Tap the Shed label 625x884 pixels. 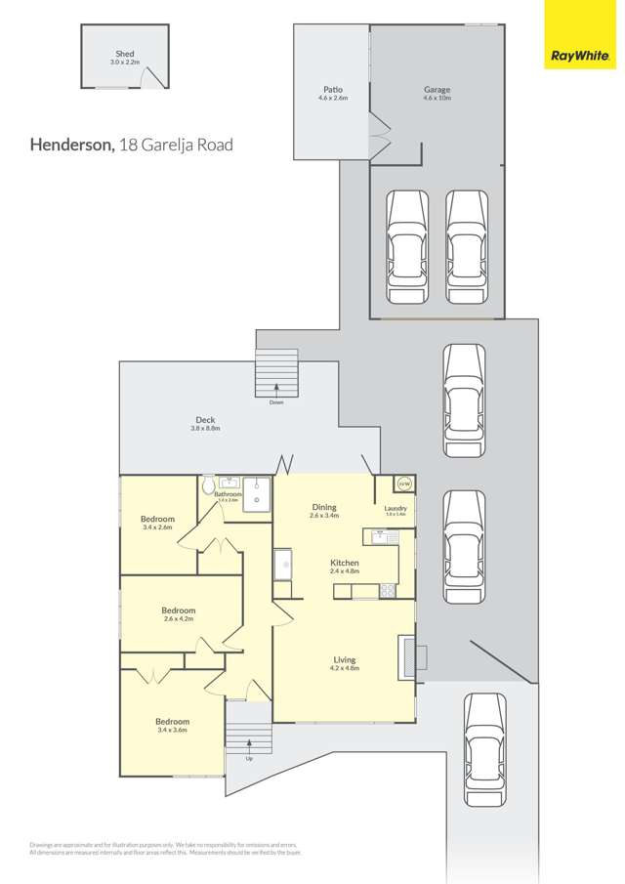tap(124, 54)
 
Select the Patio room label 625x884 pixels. tap(333, 89)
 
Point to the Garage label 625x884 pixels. tap(437, 89)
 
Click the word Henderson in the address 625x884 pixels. tap(71, 145)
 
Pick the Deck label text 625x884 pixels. tap(205, 420)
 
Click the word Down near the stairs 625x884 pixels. tap(276, 401)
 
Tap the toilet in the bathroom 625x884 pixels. tap(208, 485)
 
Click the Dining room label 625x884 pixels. tap(324, 507)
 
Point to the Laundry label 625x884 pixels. tap(396, 508)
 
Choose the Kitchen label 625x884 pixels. tap(344, 563)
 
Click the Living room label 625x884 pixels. tap(343, 660)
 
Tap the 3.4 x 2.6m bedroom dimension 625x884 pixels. tap(157, 527)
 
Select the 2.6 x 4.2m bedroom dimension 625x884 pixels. tap(179, 618)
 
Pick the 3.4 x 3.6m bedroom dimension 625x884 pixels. tap(172, 729)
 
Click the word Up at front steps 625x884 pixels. tap(249, 758)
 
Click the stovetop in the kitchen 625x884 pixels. tap(387, 590)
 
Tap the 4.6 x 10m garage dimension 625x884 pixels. tap(437, 99)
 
